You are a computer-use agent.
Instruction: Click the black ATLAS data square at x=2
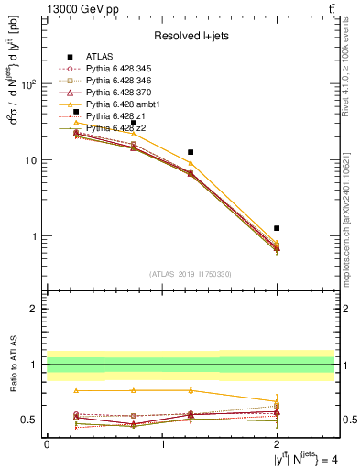click(277, 228)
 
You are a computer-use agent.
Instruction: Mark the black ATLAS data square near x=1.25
click(191, 152)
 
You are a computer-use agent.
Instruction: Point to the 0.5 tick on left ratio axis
click(35, 420)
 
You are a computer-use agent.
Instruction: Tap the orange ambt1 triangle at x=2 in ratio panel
click(277, 401)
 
